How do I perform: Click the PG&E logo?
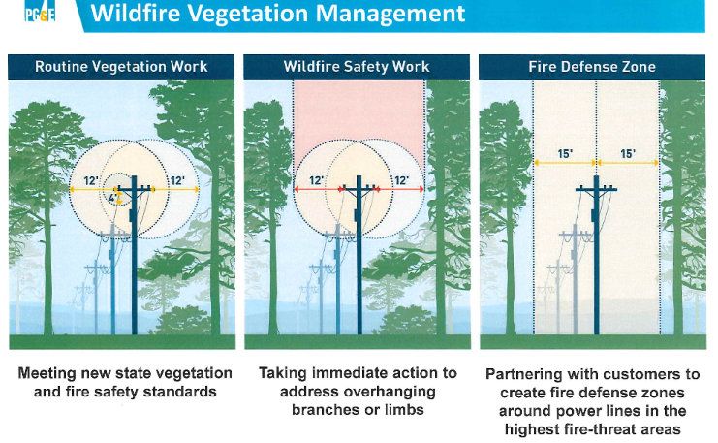(40, 14)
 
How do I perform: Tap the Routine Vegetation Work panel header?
(121, 67)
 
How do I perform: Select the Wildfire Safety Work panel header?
(357, 67)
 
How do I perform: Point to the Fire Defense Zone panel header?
(592, 67)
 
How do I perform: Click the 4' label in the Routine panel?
(112, 199)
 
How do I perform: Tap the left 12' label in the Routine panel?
(91, 181)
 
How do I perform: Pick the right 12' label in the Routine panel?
(177, 181)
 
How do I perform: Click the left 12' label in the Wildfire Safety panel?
(316, 181)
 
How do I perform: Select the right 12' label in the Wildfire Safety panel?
(401, 181)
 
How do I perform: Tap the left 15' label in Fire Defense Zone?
(565, 154)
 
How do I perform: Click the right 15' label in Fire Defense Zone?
(628, 154)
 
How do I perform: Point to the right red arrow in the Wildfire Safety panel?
(399, 189)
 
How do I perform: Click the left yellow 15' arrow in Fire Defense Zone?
(565, 163)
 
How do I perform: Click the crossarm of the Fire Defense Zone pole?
(596, 189)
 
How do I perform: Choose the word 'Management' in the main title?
(390, 14)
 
